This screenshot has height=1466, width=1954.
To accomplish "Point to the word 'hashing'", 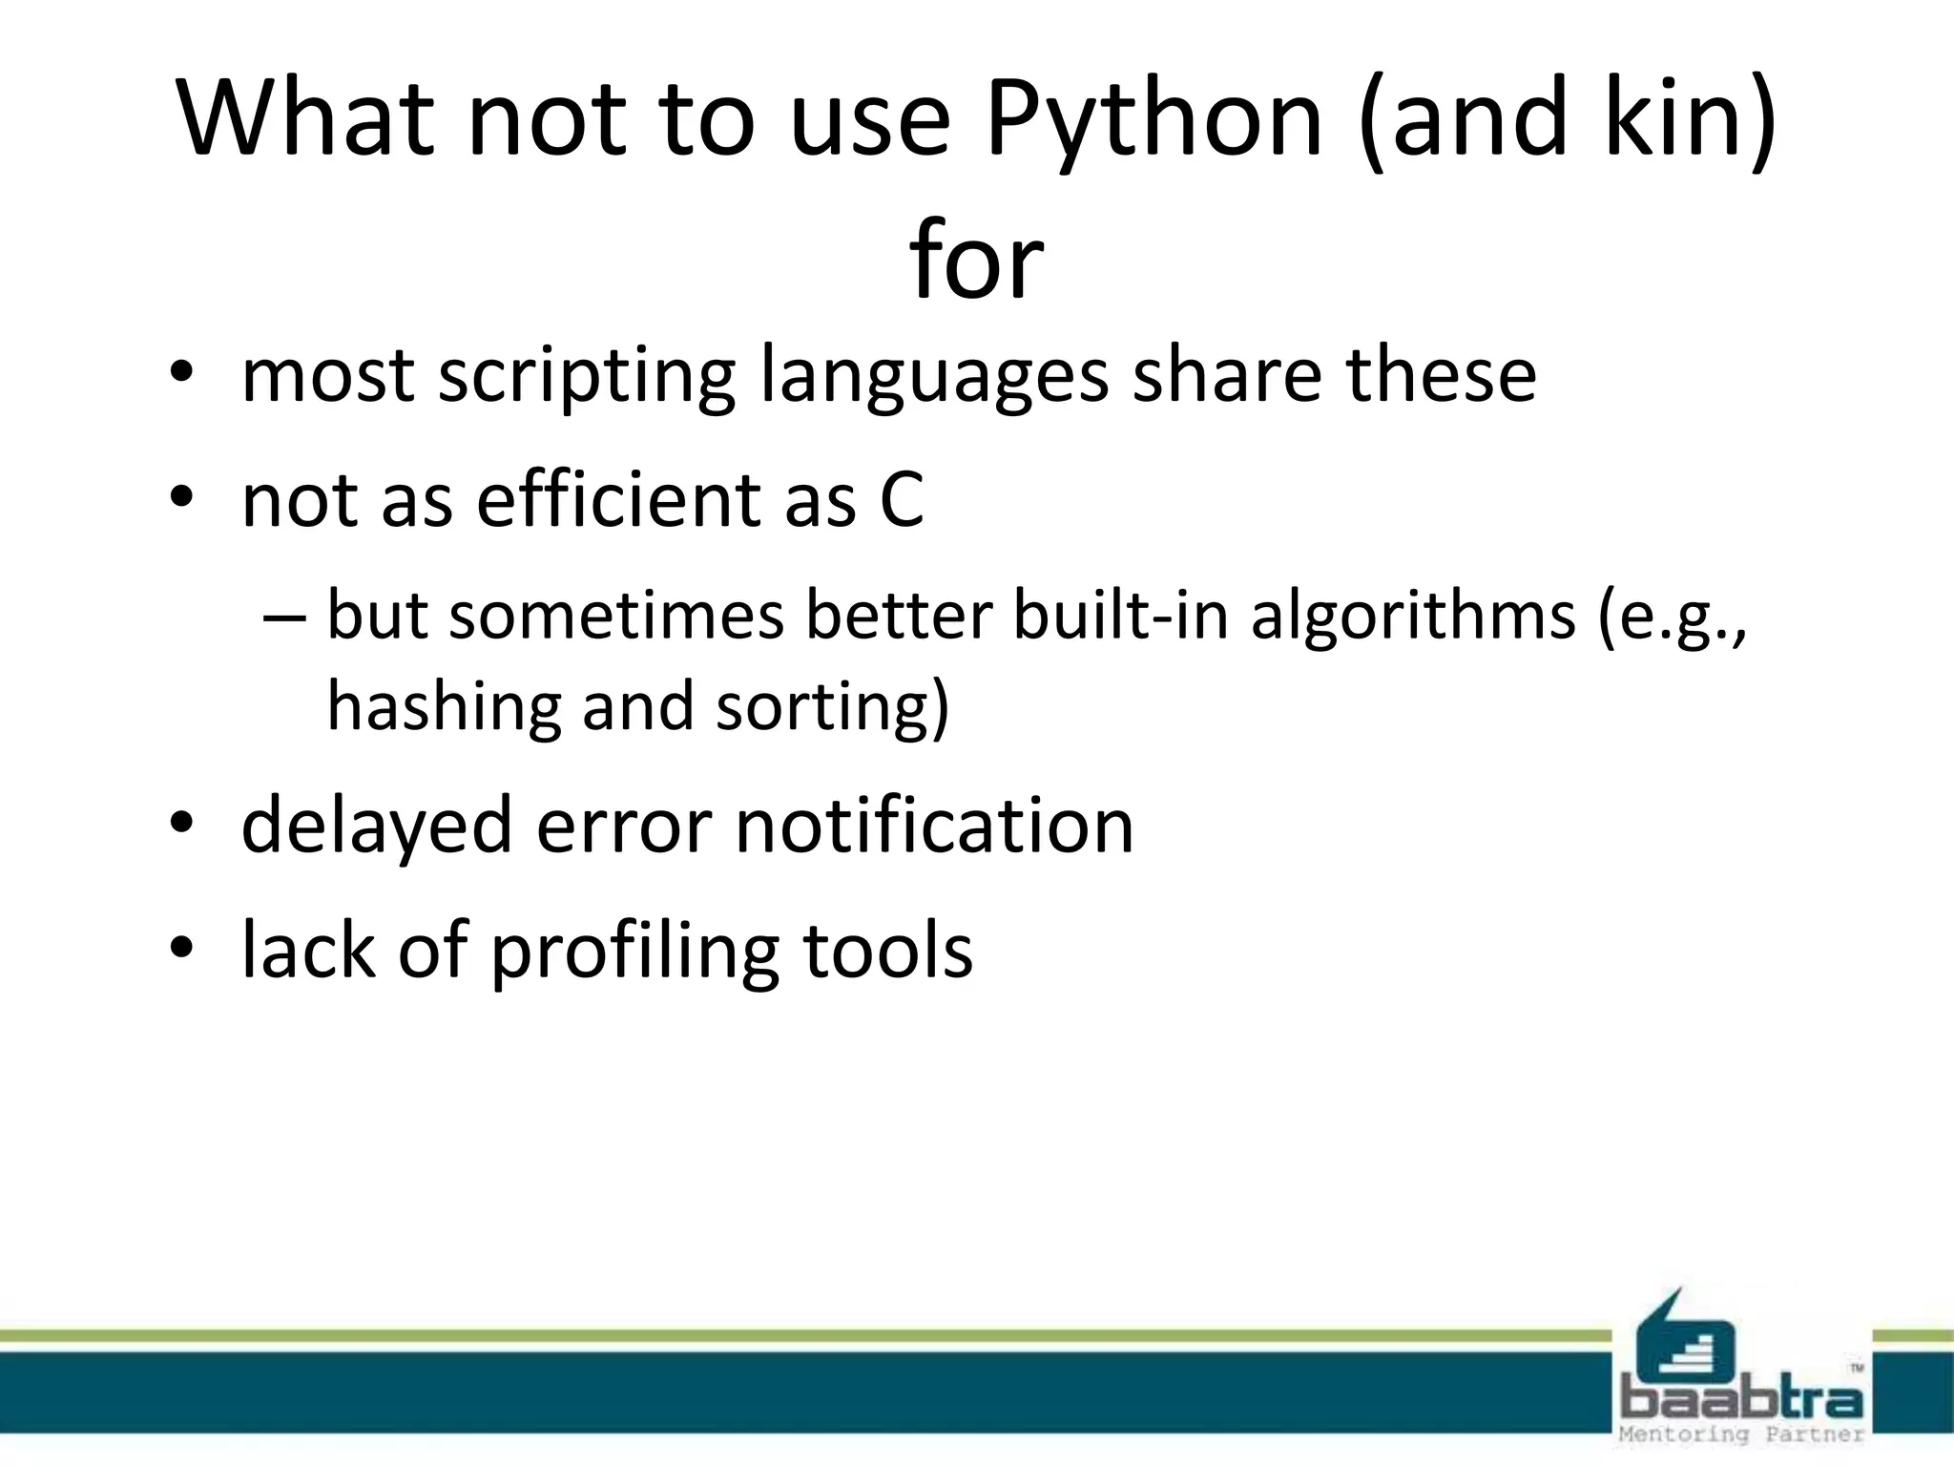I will pyautogui.click(x=444, y=707).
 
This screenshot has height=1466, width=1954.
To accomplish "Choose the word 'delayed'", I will pyautogui.click(x=377, y=827).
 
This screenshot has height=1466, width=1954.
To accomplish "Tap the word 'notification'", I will pyautogui.click(x=934, y=825).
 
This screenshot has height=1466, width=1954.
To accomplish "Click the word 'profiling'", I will pyautogui.click(x=634, y=952).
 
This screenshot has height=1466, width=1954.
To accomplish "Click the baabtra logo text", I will pyautogui.click(x=1742, y=1402).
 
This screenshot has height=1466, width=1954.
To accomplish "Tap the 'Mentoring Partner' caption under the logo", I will pyautogui.click(x=1742, y=1435).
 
